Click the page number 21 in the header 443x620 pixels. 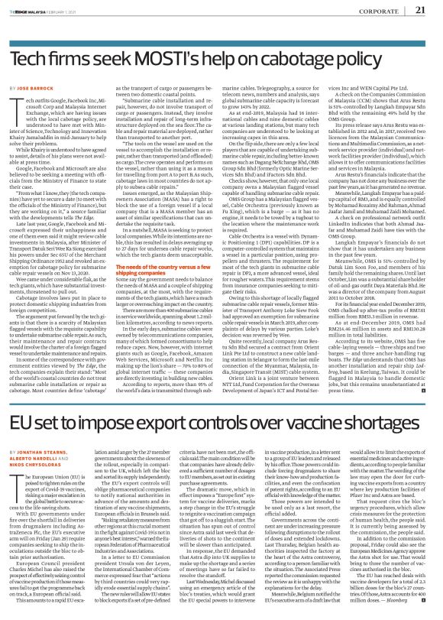coord(419,11)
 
